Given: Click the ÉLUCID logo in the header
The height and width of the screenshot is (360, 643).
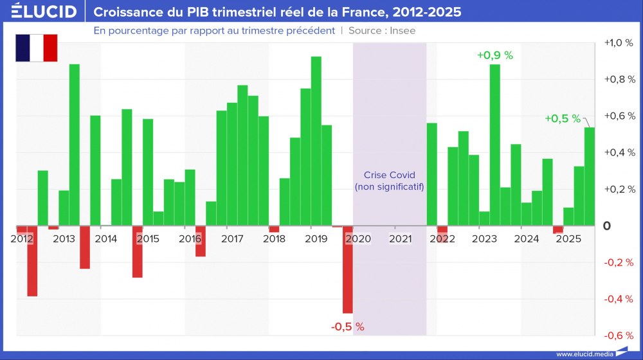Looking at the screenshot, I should (x=44, y=12).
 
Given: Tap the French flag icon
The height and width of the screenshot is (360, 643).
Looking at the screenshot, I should (x=37, y=48).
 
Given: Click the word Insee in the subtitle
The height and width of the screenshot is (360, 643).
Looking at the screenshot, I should (x=401, y=30).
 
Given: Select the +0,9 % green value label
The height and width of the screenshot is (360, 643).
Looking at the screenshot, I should (x=494, y=55).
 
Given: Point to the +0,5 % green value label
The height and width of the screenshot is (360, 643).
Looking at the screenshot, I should (x=562, y=118).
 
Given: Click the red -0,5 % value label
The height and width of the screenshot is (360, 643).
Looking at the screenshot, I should (x=347, y=327).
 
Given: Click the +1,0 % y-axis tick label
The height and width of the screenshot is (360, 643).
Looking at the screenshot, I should (x=619, y=43).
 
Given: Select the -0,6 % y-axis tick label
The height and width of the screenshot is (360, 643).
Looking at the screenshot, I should (x=619, y=336).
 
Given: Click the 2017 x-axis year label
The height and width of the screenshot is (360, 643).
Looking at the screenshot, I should (x=232, y=239).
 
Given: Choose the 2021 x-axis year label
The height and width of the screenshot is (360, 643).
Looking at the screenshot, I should (x=401, y=239).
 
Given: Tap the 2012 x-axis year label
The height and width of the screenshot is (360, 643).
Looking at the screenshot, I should (x=22, y=239).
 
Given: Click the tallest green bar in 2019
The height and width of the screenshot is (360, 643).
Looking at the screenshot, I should (x=316, y=141).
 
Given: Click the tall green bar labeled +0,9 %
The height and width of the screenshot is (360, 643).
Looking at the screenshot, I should (x=494, y=145).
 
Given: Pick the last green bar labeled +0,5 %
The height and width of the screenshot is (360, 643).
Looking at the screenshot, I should (x=589, y=177).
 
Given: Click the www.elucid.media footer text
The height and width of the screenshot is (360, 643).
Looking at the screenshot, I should (x=584, y=354).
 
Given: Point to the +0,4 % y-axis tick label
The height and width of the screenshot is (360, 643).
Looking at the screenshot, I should (x=619, y=153).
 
